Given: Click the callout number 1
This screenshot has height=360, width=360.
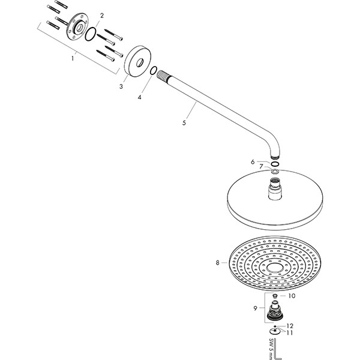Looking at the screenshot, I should (x=73, y=58).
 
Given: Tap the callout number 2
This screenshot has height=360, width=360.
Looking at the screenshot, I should (x=101, y=15).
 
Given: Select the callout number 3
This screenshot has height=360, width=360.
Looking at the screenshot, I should (x=121, y=86).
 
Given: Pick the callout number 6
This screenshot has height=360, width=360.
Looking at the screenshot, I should (x=253, y=161).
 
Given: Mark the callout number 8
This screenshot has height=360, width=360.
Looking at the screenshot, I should (x=217, y=262).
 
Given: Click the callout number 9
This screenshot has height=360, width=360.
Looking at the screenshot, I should (x=256, y=308).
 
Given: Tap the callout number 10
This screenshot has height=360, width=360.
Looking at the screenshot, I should (x=292, y=296).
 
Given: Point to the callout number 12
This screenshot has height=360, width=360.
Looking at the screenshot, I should (x=290, y=326).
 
